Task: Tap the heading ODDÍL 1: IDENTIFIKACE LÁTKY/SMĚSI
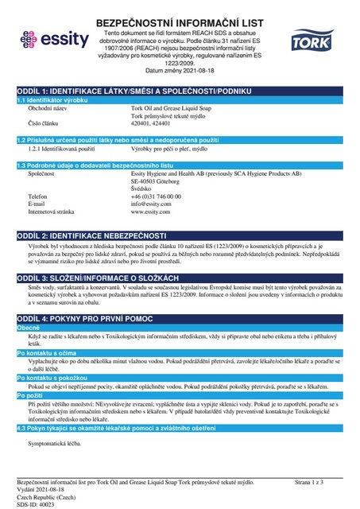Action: coord(128,91)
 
